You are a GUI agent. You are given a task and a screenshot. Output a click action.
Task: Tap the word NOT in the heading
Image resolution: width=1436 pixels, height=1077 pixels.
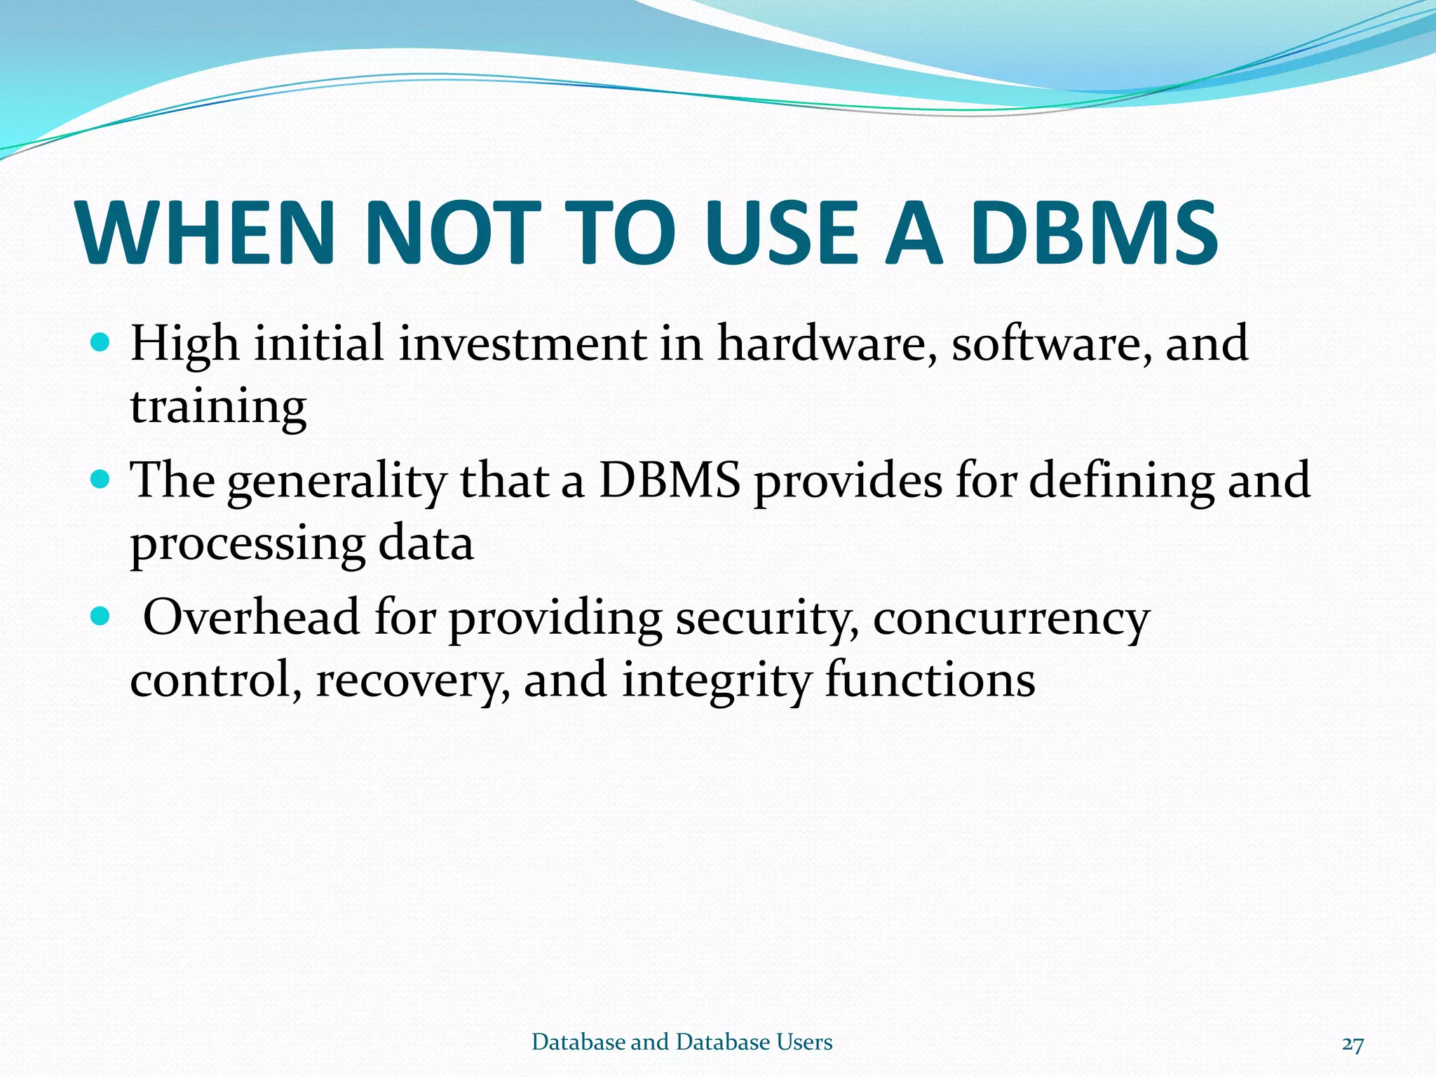pyautogui.click(x=454, y=233)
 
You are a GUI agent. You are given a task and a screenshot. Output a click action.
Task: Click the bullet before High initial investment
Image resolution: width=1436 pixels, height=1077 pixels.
pyautogui.click(x=101, y=343)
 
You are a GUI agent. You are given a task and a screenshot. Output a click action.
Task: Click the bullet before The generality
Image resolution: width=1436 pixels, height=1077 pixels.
pyautogui.click(x=101, y=480)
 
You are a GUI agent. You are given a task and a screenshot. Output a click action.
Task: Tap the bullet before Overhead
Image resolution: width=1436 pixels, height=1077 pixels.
pyautogui.click(x=101, y=616)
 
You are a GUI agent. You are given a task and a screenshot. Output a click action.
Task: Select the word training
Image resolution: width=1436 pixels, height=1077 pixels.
pyautogui.click(x=218, y=407)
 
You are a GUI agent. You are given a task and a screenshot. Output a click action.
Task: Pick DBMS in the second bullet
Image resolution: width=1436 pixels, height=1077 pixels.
pyautogui.click(x=670, y=480)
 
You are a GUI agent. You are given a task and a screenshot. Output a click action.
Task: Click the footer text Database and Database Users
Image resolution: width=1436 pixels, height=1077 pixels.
pyautogui.click(x=682, y=1042)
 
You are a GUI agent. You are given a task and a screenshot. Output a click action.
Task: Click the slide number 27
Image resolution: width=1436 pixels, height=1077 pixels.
pyautogui.click(x=1353, y=1044)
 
